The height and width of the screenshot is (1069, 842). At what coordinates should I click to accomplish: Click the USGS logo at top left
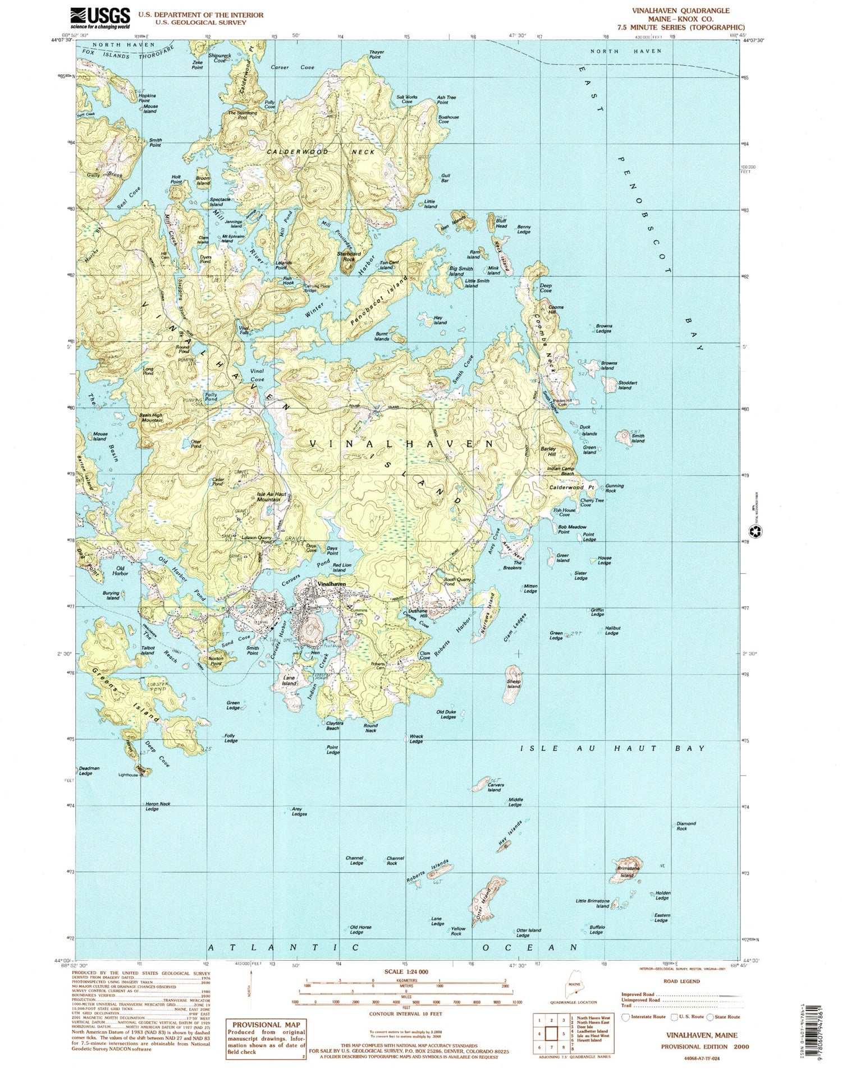click(100, 18)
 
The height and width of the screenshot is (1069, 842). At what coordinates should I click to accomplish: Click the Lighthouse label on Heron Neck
click(128, 775)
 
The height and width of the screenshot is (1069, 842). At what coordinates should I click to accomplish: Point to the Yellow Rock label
click(456, 932)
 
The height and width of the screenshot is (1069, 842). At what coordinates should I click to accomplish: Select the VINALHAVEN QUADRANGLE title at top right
click(697, 11)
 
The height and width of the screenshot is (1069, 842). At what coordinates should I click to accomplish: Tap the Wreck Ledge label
click(416, 739)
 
